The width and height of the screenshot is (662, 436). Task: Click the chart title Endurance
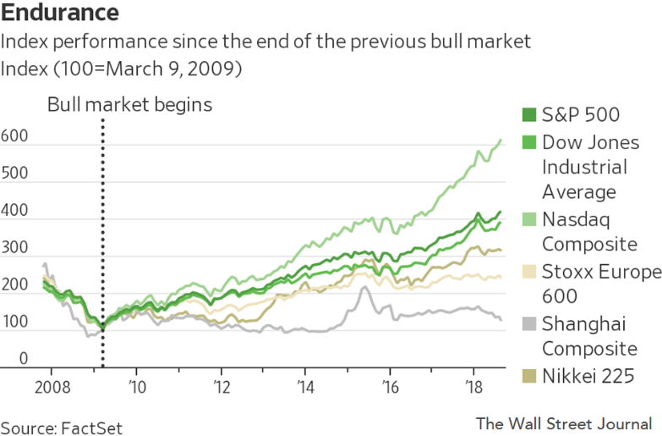pyautogui.click(x=59, y=14)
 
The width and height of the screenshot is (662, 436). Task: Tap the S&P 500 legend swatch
pyautogui.click(x=530, y=115)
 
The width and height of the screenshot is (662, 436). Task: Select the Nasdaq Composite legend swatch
pyautogui.click(x=530, y=219)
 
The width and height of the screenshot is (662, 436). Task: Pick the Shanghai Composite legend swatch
pyautogui.click(x=530, y=323)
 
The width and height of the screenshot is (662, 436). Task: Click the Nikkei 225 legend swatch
pyautogui.click(x=530, y=376)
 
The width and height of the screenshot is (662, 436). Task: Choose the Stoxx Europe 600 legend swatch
pyautogui.click(x=530, y=272)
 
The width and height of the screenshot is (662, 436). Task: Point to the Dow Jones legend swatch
pyautogui.click(x=530, y=142)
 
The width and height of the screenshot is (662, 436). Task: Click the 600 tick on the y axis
pyautogui.click(x=14, y=137)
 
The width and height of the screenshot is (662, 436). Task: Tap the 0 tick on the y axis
pyautogui.click(x=25, y=359)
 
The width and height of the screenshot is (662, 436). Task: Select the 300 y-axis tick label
pyautogui.click(x=14, y=248)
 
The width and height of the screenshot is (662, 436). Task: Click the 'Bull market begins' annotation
pyautogui.click(x=129, y=105)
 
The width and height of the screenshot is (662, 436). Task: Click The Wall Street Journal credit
pyautogui.click(x=563, y=422)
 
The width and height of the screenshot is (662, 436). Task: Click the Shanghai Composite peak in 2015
pyautogui.click(x=364, y=288)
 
